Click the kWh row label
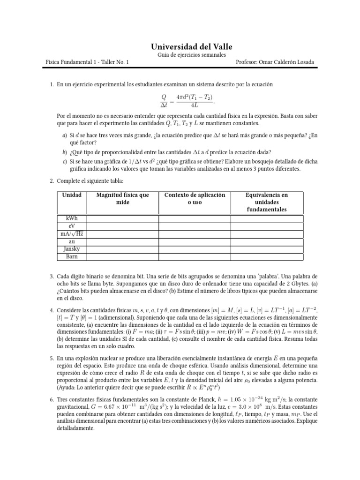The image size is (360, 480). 71,219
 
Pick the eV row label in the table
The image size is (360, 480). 71,226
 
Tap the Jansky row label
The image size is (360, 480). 71,249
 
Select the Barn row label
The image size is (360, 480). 71,256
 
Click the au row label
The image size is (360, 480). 71,241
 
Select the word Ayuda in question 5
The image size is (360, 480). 67,388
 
